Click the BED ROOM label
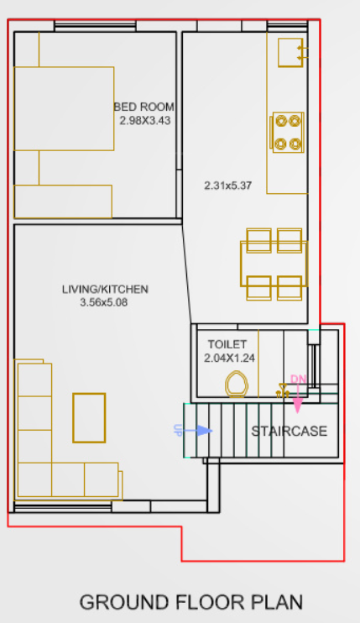(144, 107)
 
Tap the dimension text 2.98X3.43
(144, 120)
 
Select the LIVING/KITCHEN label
(105, 290)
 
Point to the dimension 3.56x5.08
(105, 302)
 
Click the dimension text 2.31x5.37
(228, 186)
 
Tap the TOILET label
(227, 344)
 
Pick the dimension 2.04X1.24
(229, 358)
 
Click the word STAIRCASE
(289, 432)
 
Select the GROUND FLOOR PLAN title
(190, 602)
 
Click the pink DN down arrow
(297, 395)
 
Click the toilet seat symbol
(237, 385)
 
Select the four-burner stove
(286, 133)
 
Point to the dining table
(274, 264)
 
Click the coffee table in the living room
(89, 417)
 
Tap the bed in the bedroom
(64, 109)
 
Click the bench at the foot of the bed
(64, 202)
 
